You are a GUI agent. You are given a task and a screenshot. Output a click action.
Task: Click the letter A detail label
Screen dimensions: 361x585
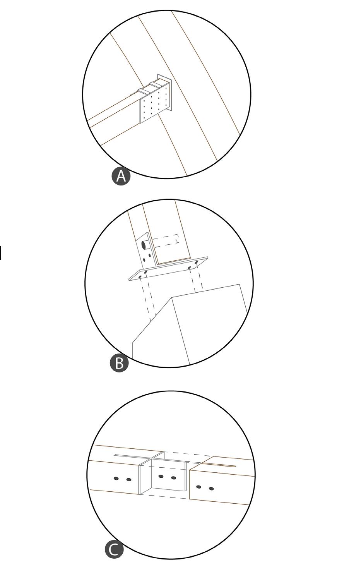pyautogui.click(x=121, y=176)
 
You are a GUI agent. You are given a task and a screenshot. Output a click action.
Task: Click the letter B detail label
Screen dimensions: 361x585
pyautogui.click(x=119, y=363)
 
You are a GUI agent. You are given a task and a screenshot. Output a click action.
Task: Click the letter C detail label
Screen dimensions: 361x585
pyautogui.click(x=114, y=549)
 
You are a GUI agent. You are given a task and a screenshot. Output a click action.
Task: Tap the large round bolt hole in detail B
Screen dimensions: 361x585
pyautogui.click(x=143, y=245)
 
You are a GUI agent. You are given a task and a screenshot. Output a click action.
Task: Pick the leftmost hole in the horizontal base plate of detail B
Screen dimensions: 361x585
pyautogui.click(x=140, y=276)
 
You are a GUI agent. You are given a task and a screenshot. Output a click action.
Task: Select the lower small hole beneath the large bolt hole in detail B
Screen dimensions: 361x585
pyautogui.click(x=144, y=260)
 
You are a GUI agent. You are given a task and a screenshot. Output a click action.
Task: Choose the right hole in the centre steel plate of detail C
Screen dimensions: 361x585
pyautogui.click(x=174, y=478)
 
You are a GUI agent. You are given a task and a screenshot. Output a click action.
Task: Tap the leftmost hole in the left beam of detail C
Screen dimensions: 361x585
pyautogui.click(x=116, y=479)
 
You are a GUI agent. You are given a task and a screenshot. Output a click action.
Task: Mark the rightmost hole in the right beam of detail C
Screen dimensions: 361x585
pyautogui.click(x=211, y=489)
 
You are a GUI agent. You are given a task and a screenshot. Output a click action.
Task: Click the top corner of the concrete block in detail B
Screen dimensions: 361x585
pyautogui.click(x=172, y=297)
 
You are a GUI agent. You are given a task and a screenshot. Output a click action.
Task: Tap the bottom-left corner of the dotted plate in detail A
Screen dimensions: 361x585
pyautogui.click(x=141, y=123)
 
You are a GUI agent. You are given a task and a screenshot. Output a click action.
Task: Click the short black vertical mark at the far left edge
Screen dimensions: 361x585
pyautogui.click(x=1, y=253)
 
